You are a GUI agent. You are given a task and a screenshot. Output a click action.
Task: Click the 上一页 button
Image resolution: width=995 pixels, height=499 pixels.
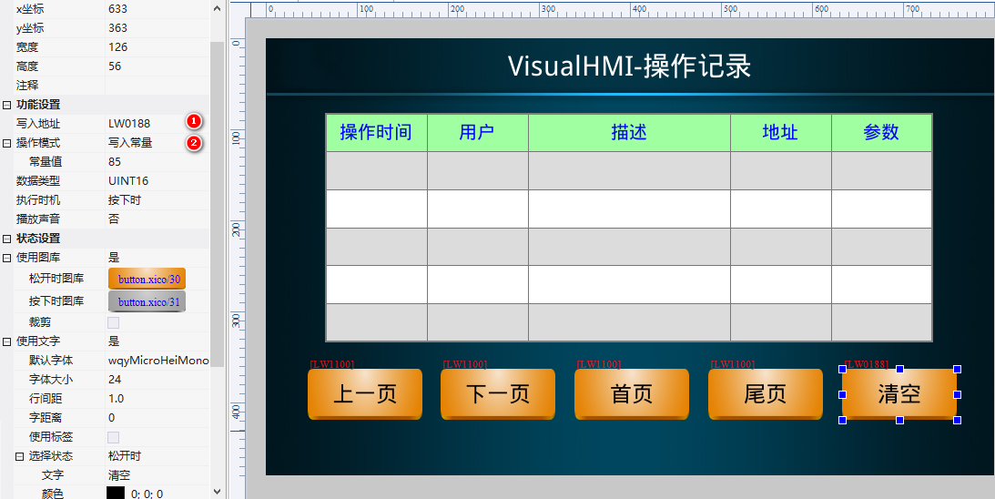[x=365, y=394]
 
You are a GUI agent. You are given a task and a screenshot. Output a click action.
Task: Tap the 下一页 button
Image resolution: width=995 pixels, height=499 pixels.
[x=498, y=394]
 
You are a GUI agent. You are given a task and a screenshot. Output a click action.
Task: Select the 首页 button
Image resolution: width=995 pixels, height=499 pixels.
[x=632, y=394]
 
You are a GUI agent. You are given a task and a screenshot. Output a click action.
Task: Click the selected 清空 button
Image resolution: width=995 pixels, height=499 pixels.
[x=899, y=394]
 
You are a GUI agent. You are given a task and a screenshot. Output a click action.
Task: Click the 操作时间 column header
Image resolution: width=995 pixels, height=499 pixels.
[x=376, y=133]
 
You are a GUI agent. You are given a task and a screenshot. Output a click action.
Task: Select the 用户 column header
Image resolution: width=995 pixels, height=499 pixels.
[x=477, y=133]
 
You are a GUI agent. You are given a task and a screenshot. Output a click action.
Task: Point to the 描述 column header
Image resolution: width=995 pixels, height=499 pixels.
[x=629, y=133]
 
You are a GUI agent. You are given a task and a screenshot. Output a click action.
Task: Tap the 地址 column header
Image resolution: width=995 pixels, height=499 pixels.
[x=780, y=133]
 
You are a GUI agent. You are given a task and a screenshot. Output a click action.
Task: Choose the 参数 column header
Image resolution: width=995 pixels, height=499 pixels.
[x=881, y=133]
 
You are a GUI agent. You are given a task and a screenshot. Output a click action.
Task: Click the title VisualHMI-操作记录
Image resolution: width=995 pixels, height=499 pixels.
[x=629, y=66]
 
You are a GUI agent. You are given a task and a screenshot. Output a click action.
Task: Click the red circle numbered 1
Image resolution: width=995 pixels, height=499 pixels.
[x=193, y=121]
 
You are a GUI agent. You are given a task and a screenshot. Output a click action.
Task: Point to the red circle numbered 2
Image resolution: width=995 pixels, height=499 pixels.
[x=193, y=143]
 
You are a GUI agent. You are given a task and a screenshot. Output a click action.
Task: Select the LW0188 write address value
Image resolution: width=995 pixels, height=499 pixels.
[x=129, y=124]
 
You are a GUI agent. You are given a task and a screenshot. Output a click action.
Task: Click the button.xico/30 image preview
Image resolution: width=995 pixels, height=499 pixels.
[x=147, y=279]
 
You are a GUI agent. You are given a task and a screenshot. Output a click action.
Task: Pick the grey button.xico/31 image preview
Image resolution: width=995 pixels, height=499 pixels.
[x=147, y=301]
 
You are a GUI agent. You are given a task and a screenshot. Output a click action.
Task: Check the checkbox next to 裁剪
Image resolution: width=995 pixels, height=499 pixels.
[x=114, y=322]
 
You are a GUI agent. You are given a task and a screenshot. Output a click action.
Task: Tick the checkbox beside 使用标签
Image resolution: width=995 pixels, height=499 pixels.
[x=114, y=437]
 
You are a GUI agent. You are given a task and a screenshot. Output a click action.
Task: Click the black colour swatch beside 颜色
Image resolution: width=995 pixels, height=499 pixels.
[x=116, y=493]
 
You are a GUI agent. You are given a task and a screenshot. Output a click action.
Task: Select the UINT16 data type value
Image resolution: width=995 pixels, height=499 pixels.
[x=128, y=181]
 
